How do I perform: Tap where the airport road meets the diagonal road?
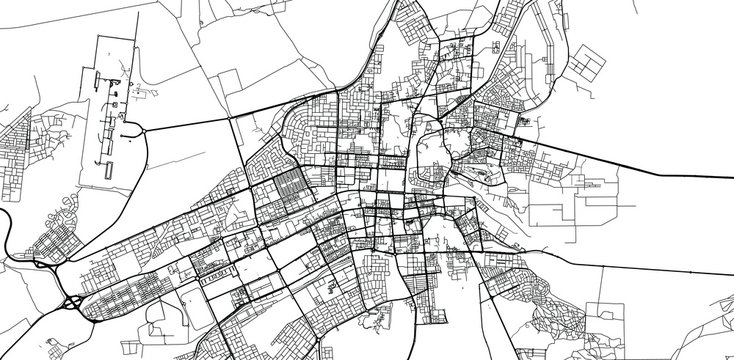pos(234,118)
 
